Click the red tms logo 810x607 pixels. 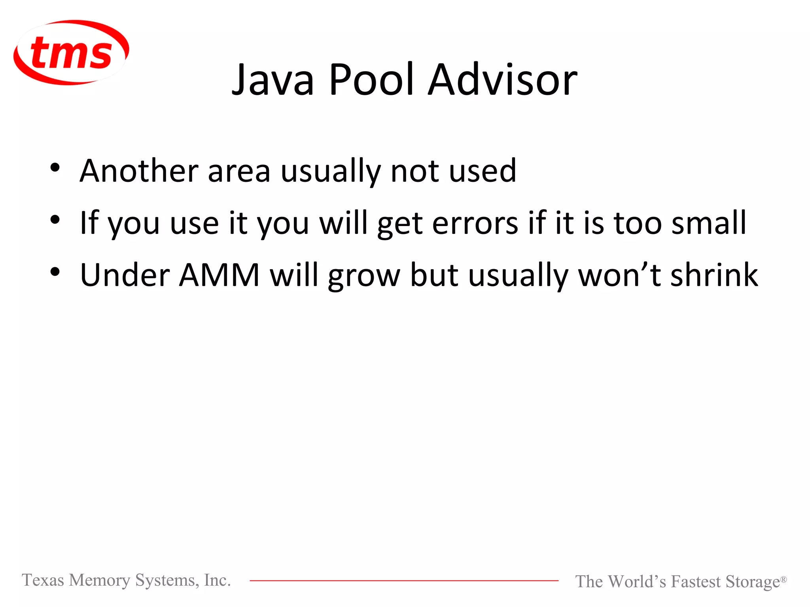(71, 53)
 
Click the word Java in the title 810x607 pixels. (273, 80)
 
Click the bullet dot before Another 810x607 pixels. (55, 168)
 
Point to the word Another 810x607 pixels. (139, 171)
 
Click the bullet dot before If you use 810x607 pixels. (55, 220)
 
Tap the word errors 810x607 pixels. (475, 224)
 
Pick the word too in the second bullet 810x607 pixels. (638, 224)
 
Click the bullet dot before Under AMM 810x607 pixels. (55, 272)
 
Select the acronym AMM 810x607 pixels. (219, 275)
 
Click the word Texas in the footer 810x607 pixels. (43, 580)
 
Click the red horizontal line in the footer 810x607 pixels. (404, 581)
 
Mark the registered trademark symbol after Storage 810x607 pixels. (783, 579)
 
